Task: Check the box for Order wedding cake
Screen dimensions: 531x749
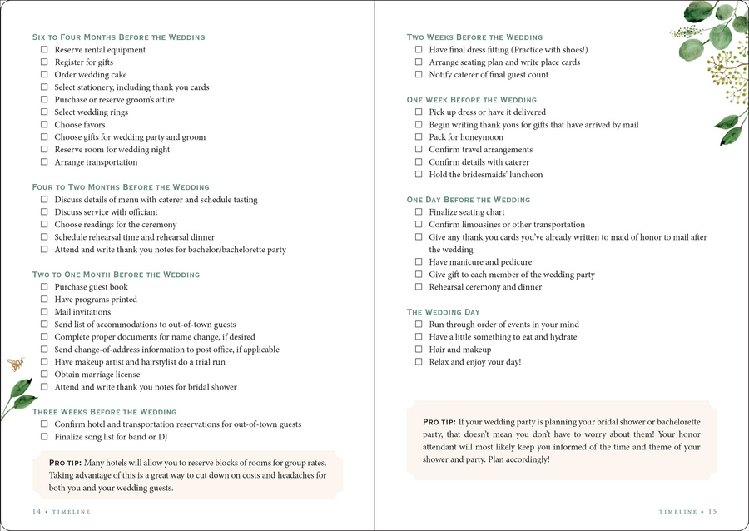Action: pos(45,75)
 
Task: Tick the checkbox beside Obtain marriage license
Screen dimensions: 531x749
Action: pos(45,375)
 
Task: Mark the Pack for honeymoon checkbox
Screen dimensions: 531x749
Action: pos(419,137)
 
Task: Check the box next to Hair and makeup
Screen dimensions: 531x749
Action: pos(419,350)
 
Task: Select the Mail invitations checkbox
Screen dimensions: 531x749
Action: pos(45,312)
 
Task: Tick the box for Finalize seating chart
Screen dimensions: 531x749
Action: pos(419,212)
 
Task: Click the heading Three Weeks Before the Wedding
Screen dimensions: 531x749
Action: pos(104,412)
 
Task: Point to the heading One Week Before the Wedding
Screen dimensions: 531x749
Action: pos(472,100)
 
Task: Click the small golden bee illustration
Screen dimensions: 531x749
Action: pos(16,364)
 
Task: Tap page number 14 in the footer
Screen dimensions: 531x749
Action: pos(37,512)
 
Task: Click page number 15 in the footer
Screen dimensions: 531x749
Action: pos(712,512)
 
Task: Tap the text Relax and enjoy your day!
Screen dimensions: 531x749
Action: pos(474,362)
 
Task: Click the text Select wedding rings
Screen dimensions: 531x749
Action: pos(92,112)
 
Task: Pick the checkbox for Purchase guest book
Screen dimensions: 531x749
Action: pos(45,287)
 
